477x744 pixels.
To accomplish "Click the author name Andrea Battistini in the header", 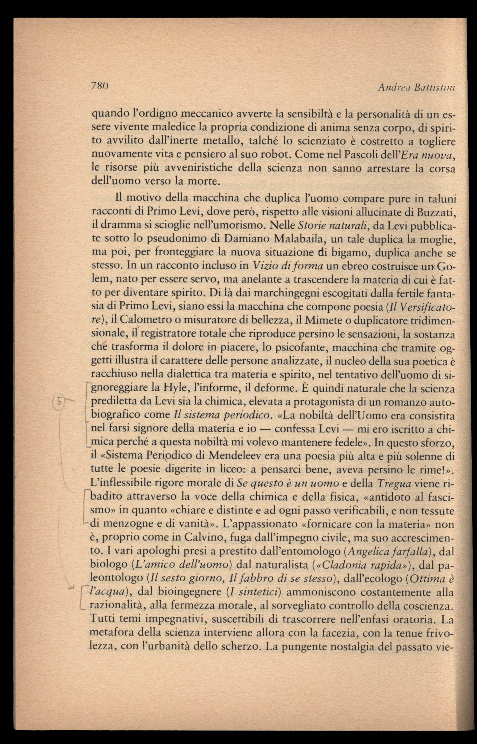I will (x=416, y=88).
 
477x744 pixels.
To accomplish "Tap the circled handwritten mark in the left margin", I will (x=58, y=402).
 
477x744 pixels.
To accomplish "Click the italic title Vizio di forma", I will (x=288, y=266).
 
